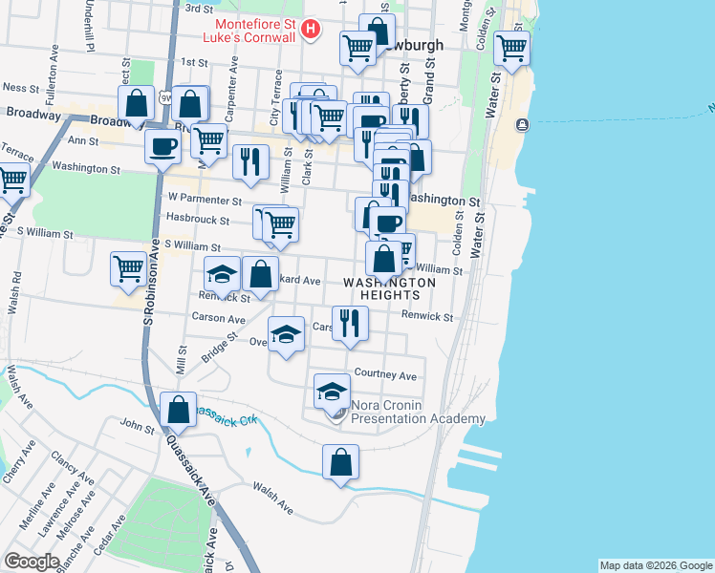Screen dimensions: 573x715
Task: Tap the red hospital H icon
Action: pos(310,31)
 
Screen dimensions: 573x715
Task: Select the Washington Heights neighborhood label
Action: pos(389,288)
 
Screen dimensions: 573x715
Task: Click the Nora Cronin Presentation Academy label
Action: pos(419,412)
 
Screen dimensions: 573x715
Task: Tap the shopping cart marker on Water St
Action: pos(511,47)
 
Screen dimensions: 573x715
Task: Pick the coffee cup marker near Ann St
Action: pos(161,147)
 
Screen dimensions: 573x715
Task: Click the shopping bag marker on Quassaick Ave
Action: pos(179,410)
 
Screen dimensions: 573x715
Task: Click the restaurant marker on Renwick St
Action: pos(351,322)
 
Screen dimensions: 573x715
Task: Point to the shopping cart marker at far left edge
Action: pos(11,180)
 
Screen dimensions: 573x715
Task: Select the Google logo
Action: pos(31,562)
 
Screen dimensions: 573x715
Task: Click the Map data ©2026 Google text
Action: pos(655,565)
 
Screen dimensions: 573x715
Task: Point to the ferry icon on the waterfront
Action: pos(522,125)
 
